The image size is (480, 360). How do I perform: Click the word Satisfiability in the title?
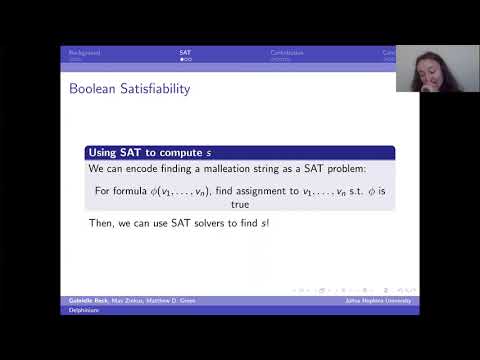pyautogui.click(x=153, y=89)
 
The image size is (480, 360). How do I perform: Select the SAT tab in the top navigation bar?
pyautogui.click(x=186, y=51)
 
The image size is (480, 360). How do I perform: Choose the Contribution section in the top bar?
pyautogui.click(x=288, y=51)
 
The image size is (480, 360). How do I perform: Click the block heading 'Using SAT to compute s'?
pyautogui.click(x=150, y=152)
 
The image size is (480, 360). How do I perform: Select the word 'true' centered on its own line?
pyautogui.click(x=240, y=203)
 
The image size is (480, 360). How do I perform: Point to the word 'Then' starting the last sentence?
pyautogui.click(x=101, y=223)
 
